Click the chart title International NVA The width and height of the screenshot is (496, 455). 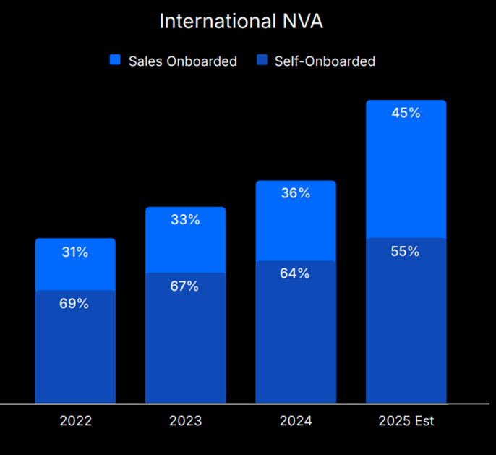point(241,21)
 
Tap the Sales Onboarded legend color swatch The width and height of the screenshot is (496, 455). point(115,61)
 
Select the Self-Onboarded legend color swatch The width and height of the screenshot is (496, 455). point(262,61)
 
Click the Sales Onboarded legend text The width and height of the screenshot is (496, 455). point(182,61)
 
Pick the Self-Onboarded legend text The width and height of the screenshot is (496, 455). point(325,61)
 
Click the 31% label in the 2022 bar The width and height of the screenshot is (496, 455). point(74,252)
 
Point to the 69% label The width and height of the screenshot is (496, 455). point(74,304)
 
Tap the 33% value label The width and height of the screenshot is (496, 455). point(185,220)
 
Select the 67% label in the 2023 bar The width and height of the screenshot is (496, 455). point(185,286)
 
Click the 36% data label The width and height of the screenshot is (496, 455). point(296,193)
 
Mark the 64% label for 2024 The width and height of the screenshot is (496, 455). point(296,273)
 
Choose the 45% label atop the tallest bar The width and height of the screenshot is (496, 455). point(406,113)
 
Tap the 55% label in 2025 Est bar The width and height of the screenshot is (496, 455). point(406,252)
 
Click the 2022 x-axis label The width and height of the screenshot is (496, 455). point(75,421)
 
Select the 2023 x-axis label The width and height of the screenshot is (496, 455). point(185,421)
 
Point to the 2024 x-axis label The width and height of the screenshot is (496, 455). point(296,421)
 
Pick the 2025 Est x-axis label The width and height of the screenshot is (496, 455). point(406,421)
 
